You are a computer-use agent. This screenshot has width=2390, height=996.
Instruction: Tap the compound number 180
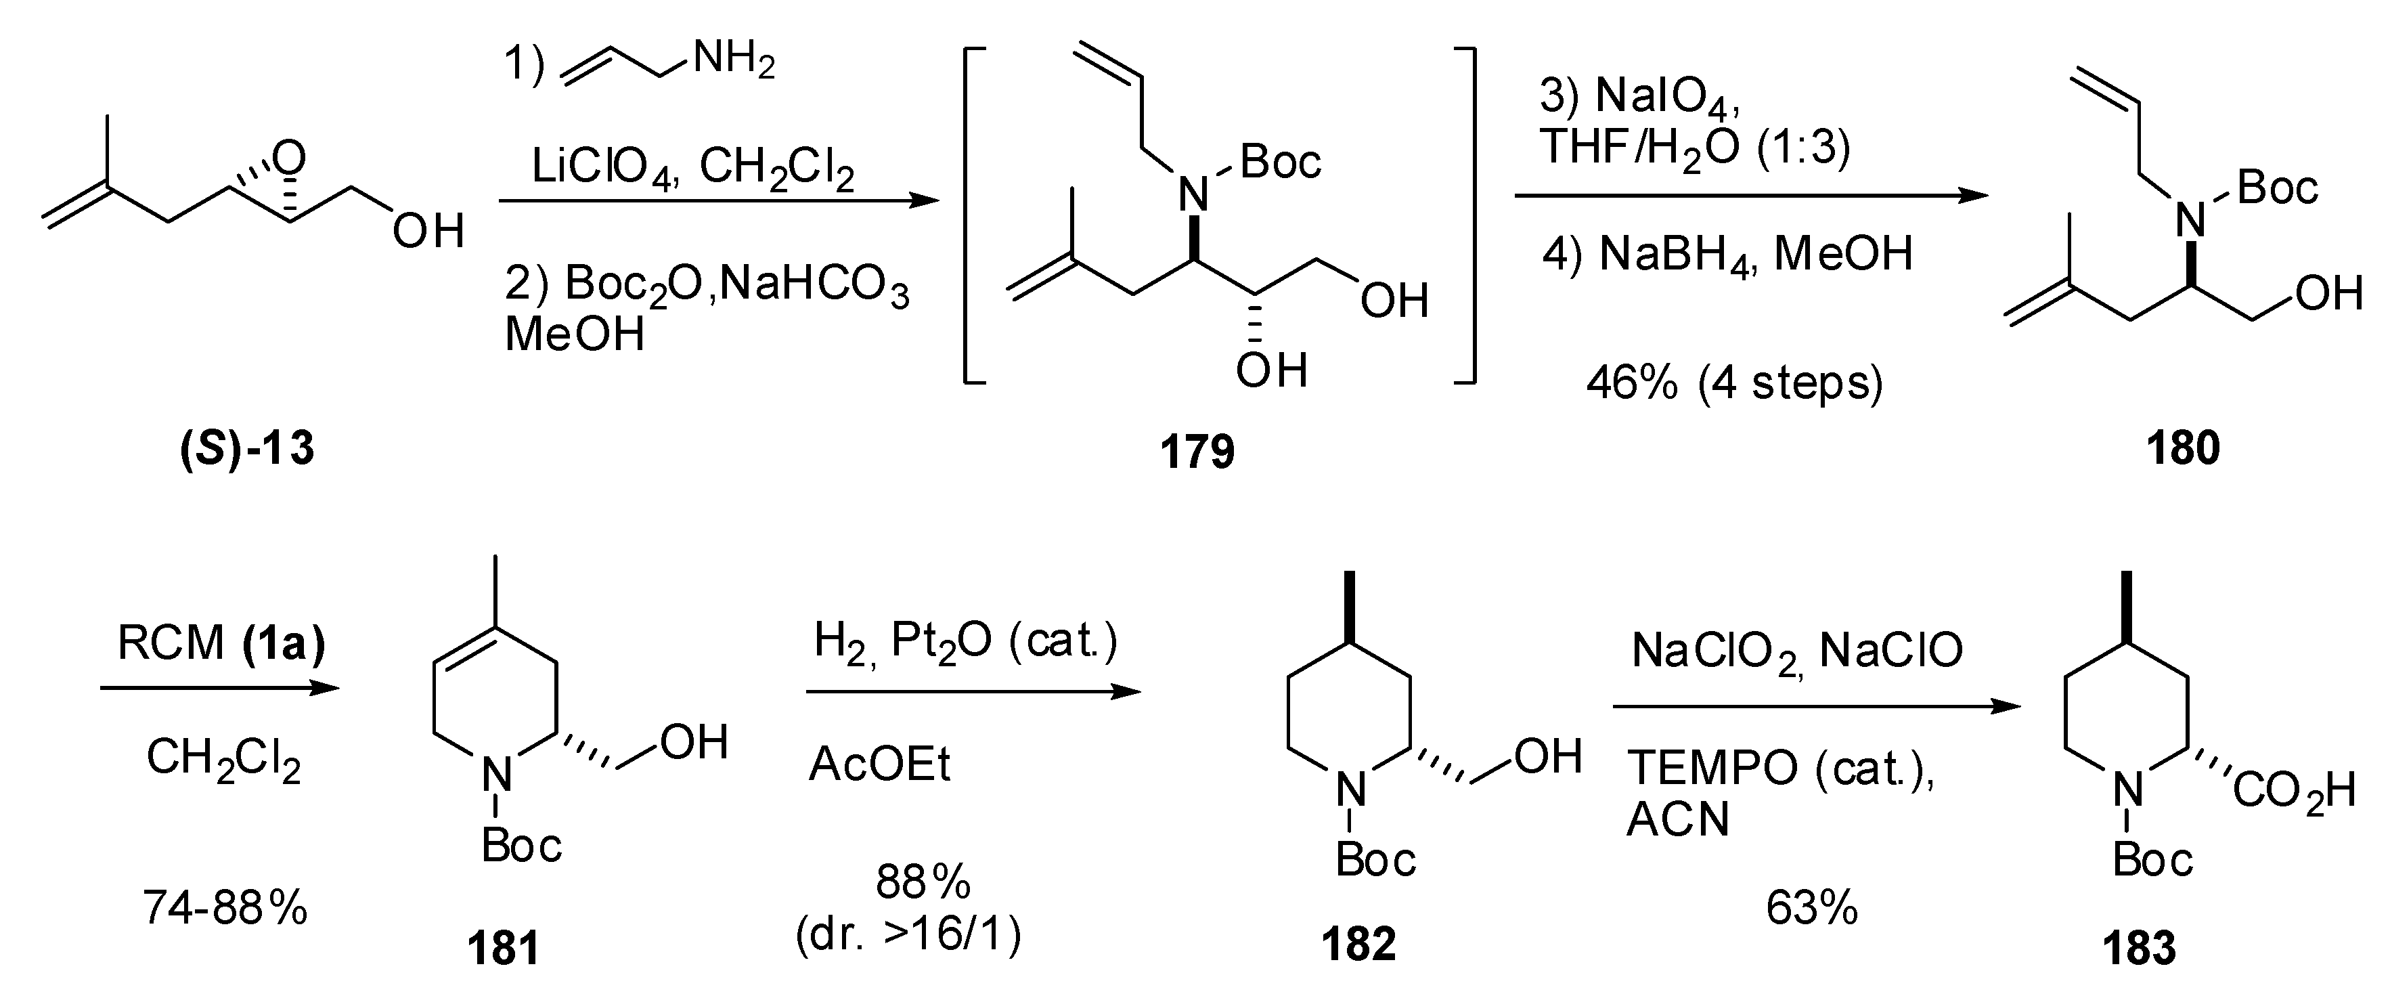[2183, 448]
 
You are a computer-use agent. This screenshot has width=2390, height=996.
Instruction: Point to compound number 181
[503, 949]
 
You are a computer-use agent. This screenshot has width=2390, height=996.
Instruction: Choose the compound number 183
[2139, 949]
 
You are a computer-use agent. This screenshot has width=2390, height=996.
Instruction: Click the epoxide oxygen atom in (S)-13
[290, 158]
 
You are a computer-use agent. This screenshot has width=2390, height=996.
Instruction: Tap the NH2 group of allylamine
[733, 61]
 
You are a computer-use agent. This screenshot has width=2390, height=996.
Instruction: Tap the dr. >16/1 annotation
[908, 936]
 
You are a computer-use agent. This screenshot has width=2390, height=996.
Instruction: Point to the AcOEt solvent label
[879, 766]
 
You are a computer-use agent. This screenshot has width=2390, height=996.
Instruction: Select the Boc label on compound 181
[521, 846]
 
